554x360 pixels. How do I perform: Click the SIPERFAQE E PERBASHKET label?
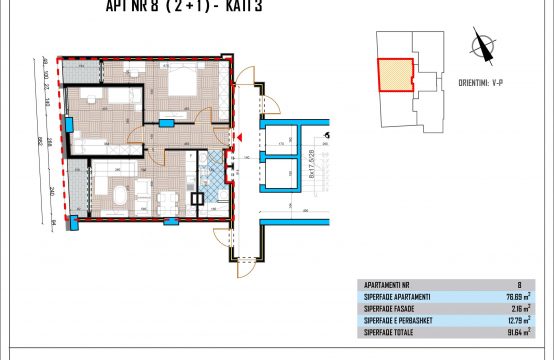coord(397,318)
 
